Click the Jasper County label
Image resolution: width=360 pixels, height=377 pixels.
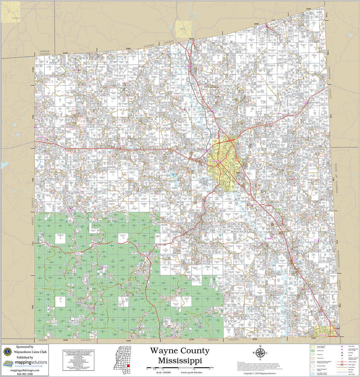pos(45,53)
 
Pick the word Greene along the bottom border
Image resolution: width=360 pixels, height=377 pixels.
pos(213,340)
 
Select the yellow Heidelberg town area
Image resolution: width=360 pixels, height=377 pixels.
pos(11,12)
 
